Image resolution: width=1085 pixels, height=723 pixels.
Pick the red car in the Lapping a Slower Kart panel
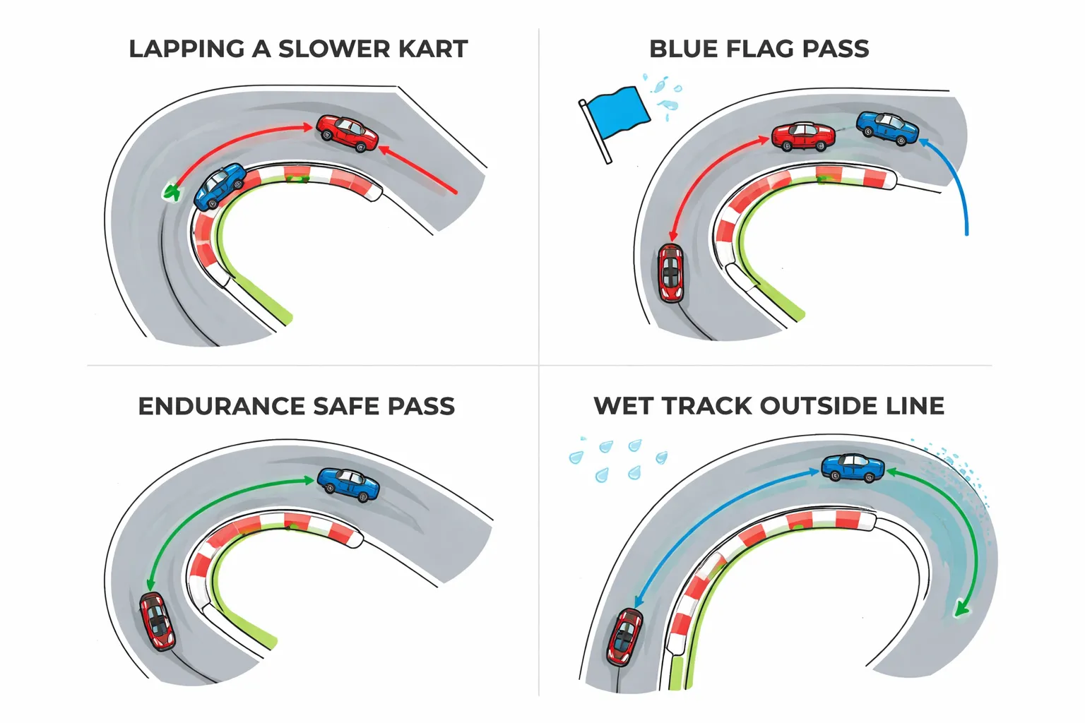coord(347,133)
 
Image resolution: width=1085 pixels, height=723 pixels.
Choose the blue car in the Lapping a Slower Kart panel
coord(219,186)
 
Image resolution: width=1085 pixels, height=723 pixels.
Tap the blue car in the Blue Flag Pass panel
coord(888,128)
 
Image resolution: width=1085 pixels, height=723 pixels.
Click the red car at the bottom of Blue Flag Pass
coord(670,273)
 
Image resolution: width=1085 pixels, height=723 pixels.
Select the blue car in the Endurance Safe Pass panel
coord(348,484)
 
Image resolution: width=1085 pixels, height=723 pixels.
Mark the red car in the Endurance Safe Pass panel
coord(157,621)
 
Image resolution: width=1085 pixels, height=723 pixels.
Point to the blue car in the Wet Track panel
coord(853,467)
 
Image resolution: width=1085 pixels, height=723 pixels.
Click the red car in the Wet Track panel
coord(624,636)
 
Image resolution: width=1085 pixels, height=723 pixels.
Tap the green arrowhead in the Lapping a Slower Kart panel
coord(171,191)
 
